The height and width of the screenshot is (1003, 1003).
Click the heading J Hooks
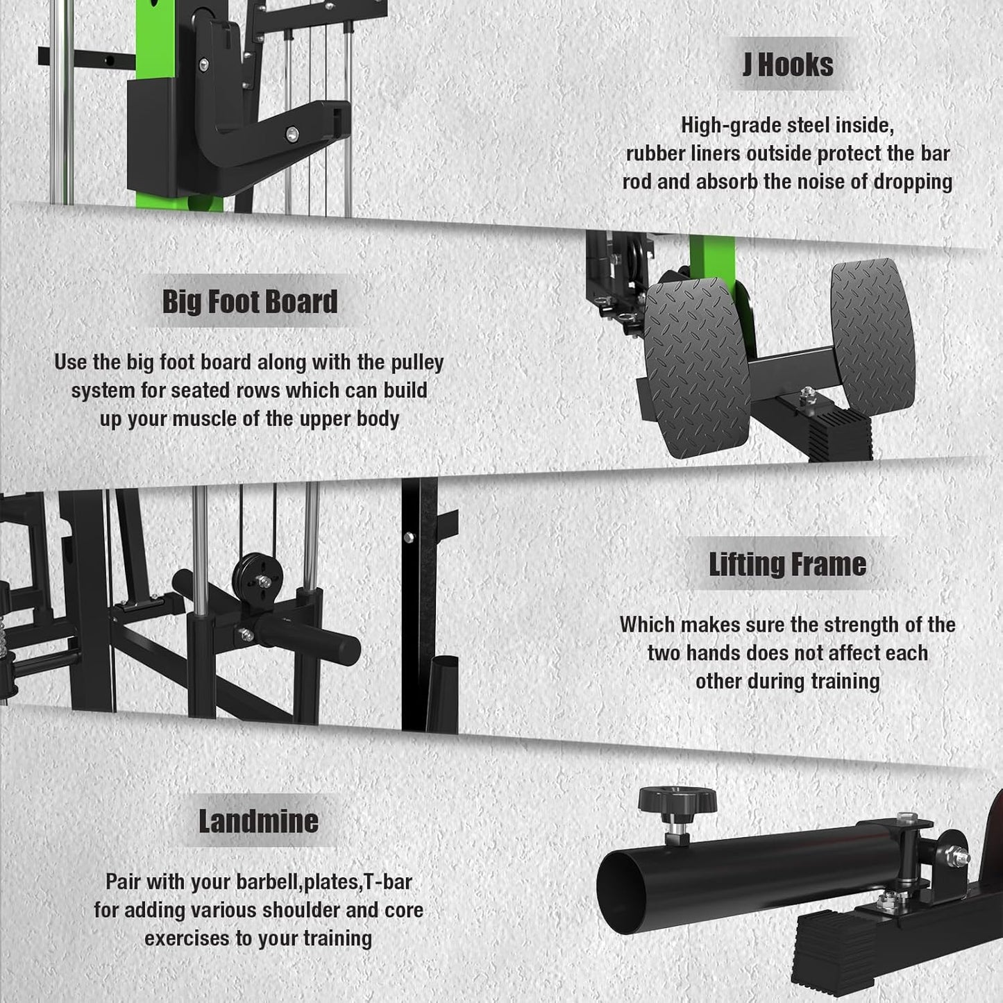point(788,65)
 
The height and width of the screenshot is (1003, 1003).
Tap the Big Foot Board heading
point(250,301)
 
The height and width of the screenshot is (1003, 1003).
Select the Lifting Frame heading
point(787,564)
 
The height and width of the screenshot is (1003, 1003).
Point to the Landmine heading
point(258,821)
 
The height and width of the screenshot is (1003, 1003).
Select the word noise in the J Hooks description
point(816,182)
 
